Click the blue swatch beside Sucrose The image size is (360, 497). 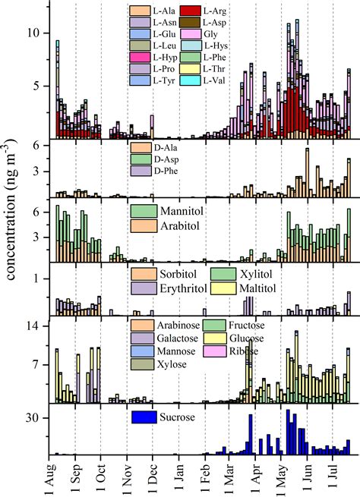pos(144,417)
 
